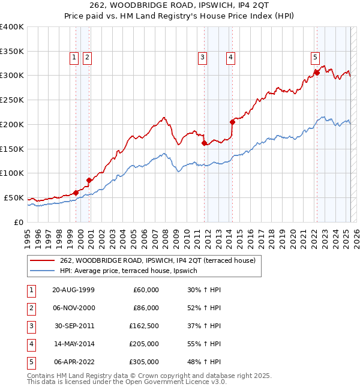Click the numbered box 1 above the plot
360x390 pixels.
pos(74,58)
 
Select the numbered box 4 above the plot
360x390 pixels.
pos(230,58)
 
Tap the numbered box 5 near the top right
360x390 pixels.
pos(315,58)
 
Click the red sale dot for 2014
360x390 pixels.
pos(232,121)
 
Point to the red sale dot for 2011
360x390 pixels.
pos(204,143)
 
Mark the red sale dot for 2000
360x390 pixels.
pos(89,180)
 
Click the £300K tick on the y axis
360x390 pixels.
pos(12,76)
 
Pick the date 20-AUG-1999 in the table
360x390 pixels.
pos(73,290)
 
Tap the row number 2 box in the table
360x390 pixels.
pos(31,308)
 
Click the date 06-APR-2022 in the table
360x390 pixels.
pos(73,362)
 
